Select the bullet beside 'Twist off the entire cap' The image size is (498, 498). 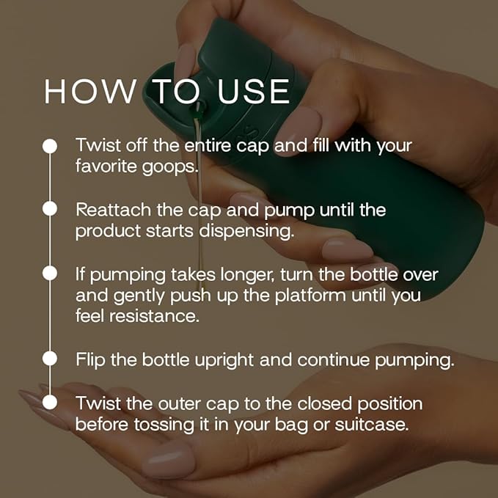(x=50, y=146)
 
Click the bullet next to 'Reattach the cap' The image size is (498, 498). (x=50, y=209)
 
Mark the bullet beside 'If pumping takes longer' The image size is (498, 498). (x=50, y=273)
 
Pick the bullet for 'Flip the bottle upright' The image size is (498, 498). (x=50, y=359)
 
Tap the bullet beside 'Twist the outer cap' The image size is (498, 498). (x=50, y=402)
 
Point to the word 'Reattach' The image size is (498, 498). (x=108, y=210)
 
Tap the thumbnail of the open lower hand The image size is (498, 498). (x=168, y=459)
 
